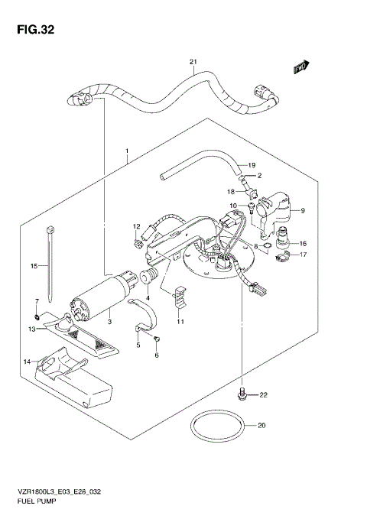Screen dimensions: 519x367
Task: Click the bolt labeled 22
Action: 242,394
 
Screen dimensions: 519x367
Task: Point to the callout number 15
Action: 34,266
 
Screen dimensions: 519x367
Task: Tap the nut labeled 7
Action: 37,316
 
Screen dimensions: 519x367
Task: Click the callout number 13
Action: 32,329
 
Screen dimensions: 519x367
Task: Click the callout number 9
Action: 302,210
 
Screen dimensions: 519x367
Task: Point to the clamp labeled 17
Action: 280,255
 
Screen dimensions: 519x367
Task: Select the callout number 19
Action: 251,166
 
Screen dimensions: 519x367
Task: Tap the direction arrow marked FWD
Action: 301,68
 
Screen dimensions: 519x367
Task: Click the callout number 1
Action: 127,151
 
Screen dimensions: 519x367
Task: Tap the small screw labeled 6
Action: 157,337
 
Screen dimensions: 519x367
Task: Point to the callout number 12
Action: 137,226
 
